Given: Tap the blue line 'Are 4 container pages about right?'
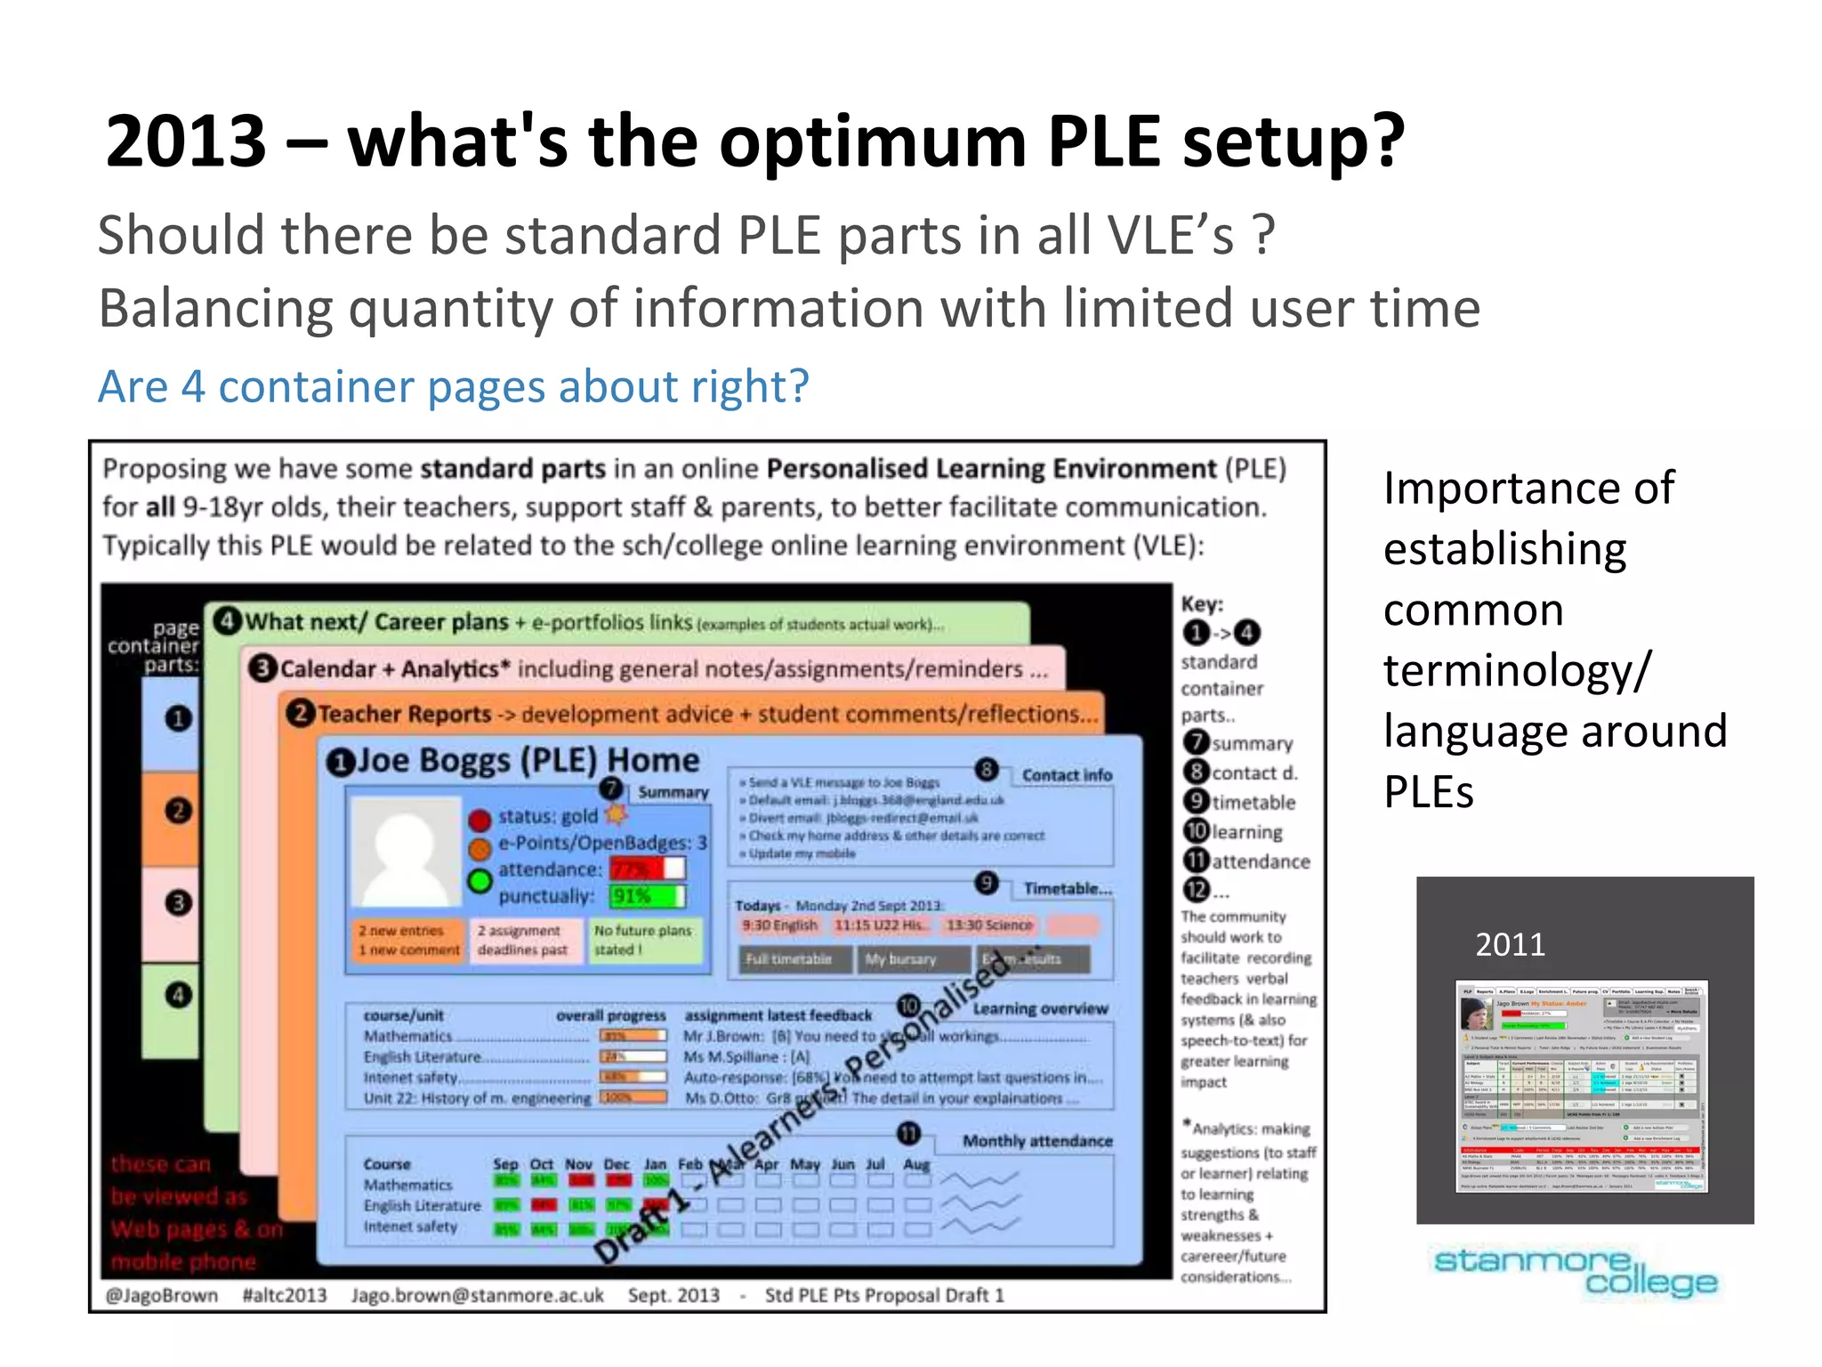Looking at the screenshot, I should (x=453, y=386).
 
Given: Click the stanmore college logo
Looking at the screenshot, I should (x=1575, y=1271).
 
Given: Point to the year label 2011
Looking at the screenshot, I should (x=1510, y=944).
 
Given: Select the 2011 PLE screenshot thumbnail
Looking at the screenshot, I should (x=1582, y=1087).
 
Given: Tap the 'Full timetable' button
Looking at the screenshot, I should (x=789, y=959).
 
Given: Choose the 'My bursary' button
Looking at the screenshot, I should (x=900, y=959).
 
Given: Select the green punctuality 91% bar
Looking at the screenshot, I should (x=647, y=895).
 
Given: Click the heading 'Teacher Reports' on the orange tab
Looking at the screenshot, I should (x=405, y=714).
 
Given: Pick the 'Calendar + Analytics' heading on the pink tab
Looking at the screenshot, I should (x=389, y=668).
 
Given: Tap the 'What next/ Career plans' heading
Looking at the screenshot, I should (x=376, y=621).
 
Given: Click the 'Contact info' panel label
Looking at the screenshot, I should (x=1067, y=775).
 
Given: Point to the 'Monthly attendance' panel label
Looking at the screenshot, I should (x=1036, y=1141).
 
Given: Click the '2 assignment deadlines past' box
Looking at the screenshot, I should (x=522, y=940).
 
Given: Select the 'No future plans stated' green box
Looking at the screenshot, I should (x=643, y=940).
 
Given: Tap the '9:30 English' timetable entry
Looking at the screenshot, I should (x=779, y=926).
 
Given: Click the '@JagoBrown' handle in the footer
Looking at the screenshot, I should (x=161, y=1295).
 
